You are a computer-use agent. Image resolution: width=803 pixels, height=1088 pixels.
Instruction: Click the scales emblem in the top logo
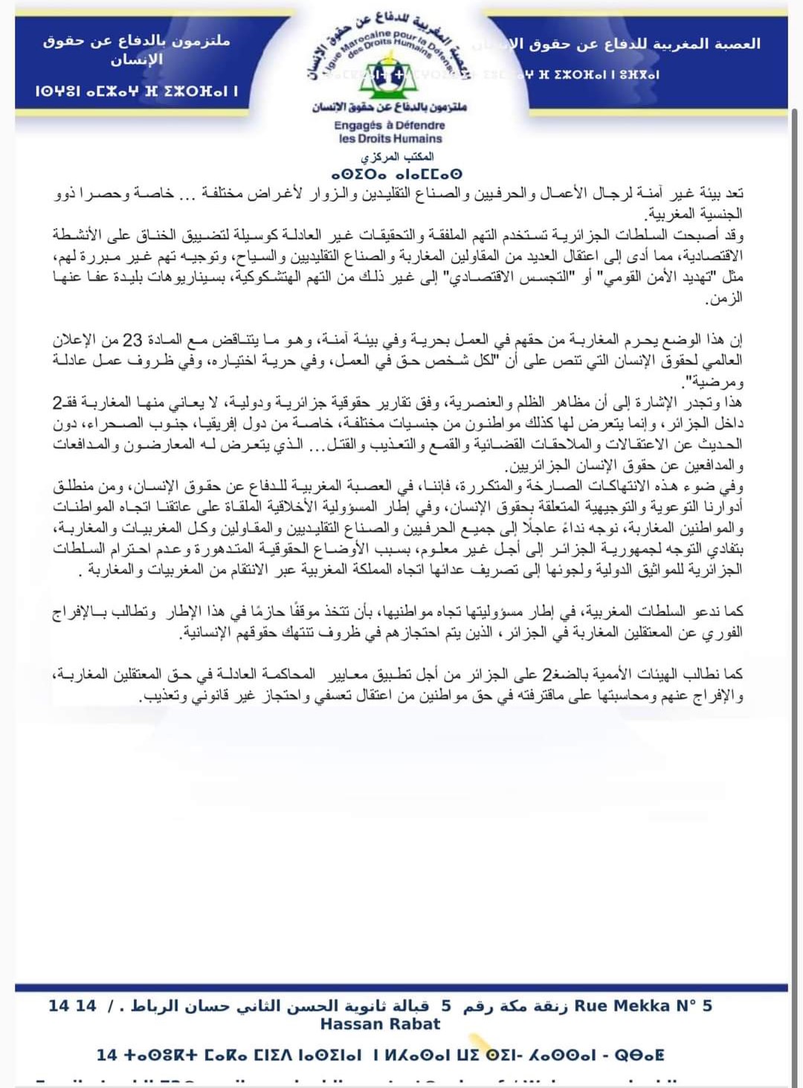pyautogui.click(x=389, y=75)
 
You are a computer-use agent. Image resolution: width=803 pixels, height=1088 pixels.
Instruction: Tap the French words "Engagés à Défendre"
pyautogui.click(x=389, y=125)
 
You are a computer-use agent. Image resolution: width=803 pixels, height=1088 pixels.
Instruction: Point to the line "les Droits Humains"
pyautogui.click(x=390, y=138)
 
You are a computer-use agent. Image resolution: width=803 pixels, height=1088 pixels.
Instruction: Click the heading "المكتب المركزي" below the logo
pyautogui.click(x=397, y=157)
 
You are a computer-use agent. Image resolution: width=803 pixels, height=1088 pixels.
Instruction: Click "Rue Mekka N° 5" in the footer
pyautogui.click(x=643, y=1006)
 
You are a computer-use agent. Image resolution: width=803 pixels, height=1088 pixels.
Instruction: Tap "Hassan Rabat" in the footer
pyautogui.click(x=380, y=1024)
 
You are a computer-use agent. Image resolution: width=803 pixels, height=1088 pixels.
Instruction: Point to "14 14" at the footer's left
pyautogui.click(x=72, y=1006)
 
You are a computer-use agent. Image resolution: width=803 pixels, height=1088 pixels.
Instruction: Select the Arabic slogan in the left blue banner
pyautogui.click(x=136, y=49)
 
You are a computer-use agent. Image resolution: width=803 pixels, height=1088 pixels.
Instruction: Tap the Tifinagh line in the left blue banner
pyautogui.click(x=136, y=91)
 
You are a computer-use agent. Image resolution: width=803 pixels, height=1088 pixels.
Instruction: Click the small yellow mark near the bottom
pyautogui.click(x=480, y=1043)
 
